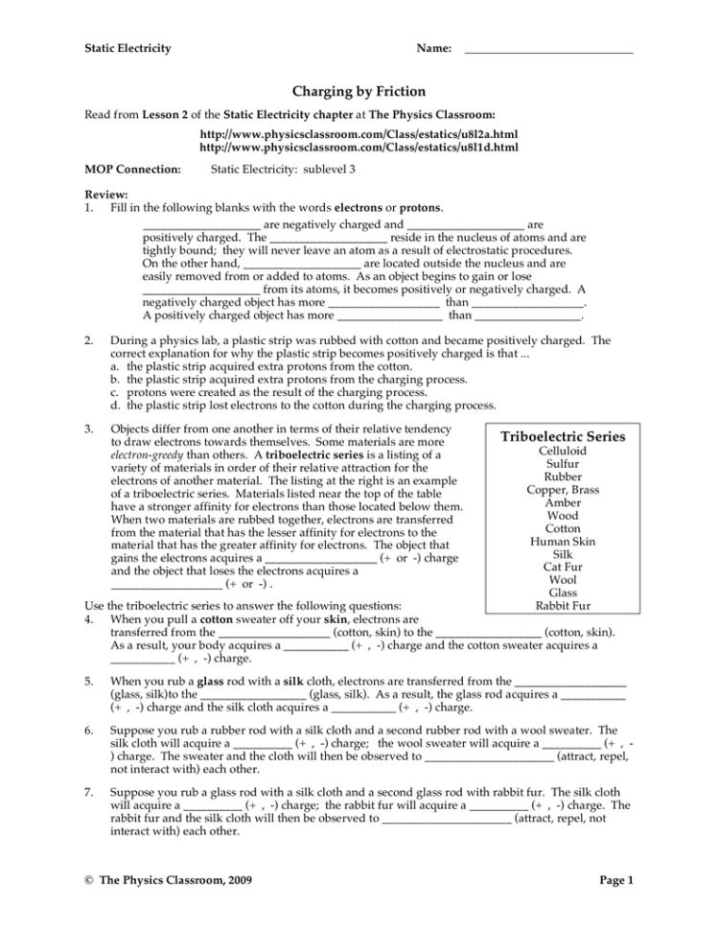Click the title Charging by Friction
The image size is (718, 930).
[x=359, y=91]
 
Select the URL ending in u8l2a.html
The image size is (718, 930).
[x=359, y=134]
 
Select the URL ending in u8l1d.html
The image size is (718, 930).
[x=359, y=149]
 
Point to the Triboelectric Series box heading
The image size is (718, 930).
[x=563, y=436]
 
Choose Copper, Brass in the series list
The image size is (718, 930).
[x=563, y=490]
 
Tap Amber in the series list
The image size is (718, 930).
[x=563, y=502]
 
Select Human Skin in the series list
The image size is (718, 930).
[x=563, y=542]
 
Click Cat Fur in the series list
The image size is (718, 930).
[x=563, y=567]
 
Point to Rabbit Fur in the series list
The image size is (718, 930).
[x=563, y=606]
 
